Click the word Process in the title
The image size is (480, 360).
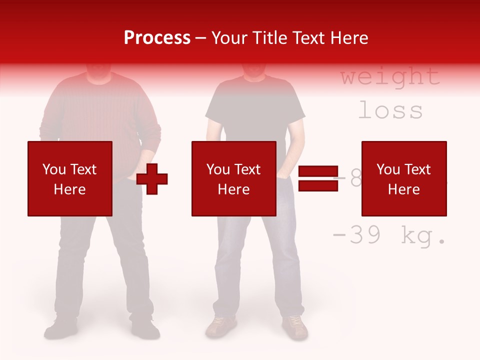[157, 38]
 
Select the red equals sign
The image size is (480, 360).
[318, 178]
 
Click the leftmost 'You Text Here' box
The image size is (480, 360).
[69, 178]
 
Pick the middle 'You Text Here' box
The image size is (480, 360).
[233, 178]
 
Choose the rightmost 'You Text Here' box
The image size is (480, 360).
[403, 178]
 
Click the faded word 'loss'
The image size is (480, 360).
[390, 110]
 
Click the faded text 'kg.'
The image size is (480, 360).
[423, 236]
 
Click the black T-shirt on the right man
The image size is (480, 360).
[255, 110]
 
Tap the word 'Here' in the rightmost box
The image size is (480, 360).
[403, 189]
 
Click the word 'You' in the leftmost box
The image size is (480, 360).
[54, 169]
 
